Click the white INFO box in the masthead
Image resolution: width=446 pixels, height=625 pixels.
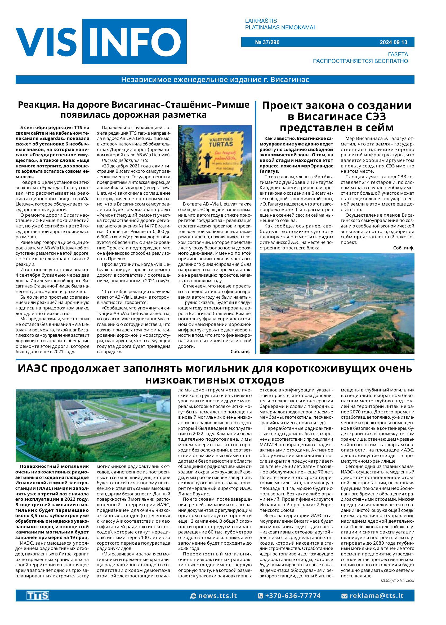134,42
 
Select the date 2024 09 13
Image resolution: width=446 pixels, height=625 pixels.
393,42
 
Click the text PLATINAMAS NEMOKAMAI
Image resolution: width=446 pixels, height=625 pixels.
280,28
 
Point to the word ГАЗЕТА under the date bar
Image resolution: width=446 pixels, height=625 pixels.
398,54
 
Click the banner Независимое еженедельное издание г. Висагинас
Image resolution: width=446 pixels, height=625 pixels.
215,80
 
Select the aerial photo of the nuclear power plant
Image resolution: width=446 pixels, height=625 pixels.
337,303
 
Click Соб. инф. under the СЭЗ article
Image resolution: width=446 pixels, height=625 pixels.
403,248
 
